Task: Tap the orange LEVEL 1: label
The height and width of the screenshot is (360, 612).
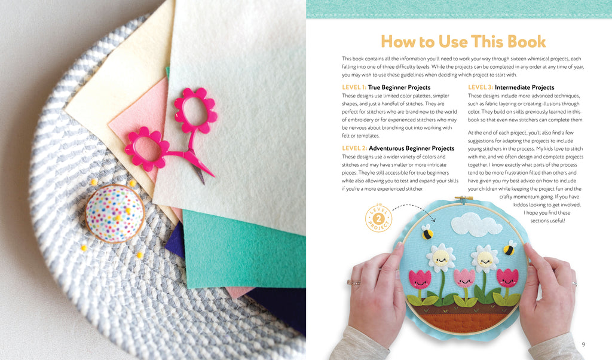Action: pos(354,87)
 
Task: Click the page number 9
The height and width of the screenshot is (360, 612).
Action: pos(583,344)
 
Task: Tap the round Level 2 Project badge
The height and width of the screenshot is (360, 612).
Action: pos(378,218)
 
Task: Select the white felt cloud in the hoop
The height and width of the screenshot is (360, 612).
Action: pos(476,224)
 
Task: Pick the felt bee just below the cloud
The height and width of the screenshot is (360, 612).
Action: pos(427,232)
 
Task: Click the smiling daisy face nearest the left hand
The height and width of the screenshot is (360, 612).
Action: pos(440,258)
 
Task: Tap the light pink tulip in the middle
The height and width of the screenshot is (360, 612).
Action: pos(464,278)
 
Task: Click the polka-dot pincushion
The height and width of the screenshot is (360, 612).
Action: pos(114,213)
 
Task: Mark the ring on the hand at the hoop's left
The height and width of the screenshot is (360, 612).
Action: pos(354,282)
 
